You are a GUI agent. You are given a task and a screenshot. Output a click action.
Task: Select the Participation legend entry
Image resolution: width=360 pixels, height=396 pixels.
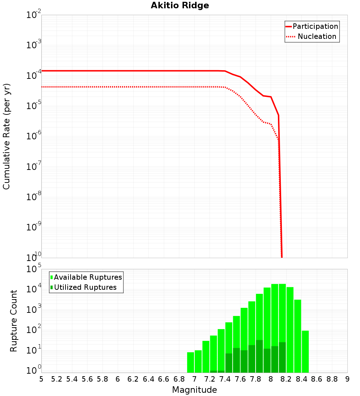(x=315, y=26)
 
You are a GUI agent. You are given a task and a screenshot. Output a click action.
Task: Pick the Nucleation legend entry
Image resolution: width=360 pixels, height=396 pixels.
(x=317, y=36)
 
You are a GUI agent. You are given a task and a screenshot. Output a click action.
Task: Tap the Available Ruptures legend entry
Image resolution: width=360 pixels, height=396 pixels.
(x=88, y=277)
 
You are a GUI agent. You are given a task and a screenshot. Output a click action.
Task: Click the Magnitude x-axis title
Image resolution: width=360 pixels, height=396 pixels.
(x=194, y=390)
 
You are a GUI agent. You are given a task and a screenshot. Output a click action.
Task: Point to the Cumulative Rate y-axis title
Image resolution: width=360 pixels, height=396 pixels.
(x=6, y=136)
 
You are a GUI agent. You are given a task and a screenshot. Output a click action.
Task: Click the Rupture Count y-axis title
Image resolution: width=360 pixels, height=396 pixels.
(x=14, y=321)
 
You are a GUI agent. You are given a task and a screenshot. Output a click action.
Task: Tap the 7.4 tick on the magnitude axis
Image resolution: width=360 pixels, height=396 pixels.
(x=225, y=379)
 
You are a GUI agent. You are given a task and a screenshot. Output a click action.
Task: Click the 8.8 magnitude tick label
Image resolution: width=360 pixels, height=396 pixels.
(x=332, y=379)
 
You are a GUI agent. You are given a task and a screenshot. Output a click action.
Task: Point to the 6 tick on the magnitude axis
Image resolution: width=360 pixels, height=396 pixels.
(x=118, y=379)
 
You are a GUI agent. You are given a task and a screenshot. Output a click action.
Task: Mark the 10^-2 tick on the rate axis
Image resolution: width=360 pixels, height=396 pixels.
(x=34, y=15)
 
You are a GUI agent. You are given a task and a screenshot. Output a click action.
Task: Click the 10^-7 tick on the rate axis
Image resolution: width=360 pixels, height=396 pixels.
(x=34, y=167)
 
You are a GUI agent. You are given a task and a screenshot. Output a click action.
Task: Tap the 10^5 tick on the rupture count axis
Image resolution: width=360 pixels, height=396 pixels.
(x=34, y=269)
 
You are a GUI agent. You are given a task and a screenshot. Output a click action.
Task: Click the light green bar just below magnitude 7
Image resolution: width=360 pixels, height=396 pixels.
(x=190, y=362)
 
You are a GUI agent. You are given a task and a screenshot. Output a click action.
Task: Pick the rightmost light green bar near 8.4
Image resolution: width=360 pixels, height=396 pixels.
(x=305, y=351)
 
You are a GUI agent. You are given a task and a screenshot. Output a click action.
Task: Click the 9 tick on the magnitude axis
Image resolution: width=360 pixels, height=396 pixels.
(x=347, y=379)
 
